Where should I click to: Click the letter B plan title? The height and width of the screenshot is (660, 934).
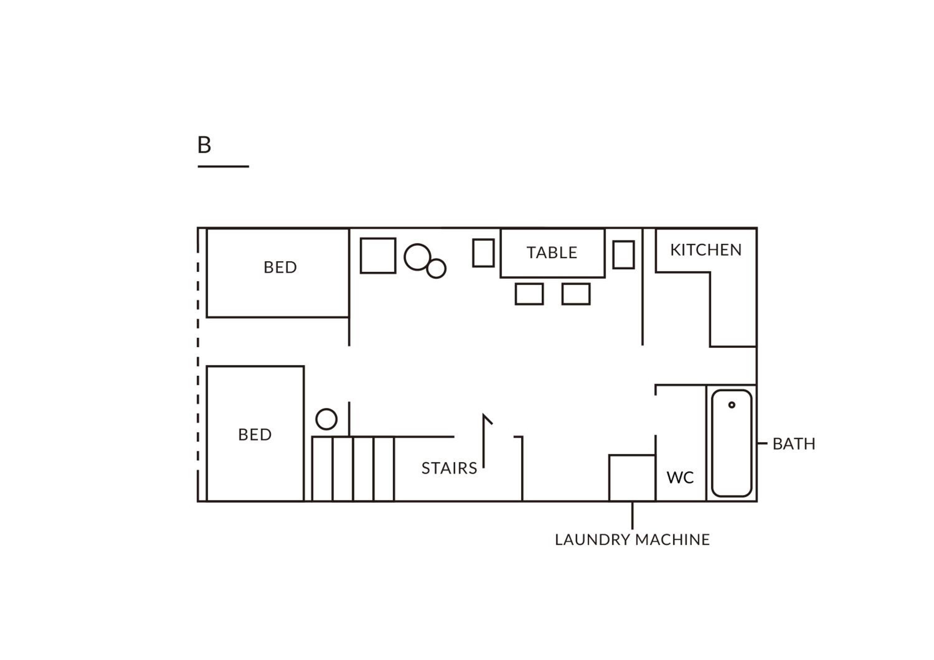tap(204, 145)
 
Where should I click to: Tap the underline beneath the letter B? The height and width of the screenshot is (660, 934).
tap(223, 166)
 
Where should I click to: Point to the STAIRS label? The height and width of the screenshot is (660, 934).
tap(449, 468)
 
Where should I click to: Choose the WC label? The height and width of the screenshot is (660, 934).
tap(680, 477)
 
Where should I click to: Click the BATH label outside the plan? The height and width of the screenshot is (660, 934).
tap(794, 444)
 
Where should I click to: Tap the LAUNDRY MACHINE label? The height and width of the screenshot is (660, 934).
tap(632, 540)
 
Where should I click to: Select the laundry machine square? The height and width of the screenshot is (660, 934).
tap(632, 478)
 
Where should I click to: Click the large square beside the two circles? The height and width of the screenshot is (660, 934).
tap(378, 256)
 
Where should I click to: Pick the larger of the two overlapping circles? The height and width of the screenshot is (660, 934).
tap(417, 257)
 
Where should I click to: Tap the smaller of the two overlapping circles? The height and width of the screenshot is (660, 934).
tap(436, 269)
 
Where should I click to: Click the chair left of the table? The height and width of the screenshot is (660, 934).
tap(483, 253)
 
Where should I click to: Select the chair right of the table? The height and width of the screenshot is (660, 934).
tap(624, 255)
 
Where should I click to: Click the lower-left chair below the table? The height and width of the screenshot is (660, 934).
tap(529, 294)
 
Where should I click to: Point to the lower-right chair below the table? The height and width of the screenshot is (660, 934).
tap(576, 294)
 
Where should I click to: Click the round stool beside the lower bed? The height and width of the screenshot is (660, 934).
tap(326, 419)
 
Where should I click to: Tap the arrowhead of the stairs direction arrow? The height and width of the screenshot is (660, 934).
tap(487, 419)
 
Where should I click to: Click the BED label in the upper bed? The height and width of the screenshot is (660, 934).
tap(280, 267)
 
